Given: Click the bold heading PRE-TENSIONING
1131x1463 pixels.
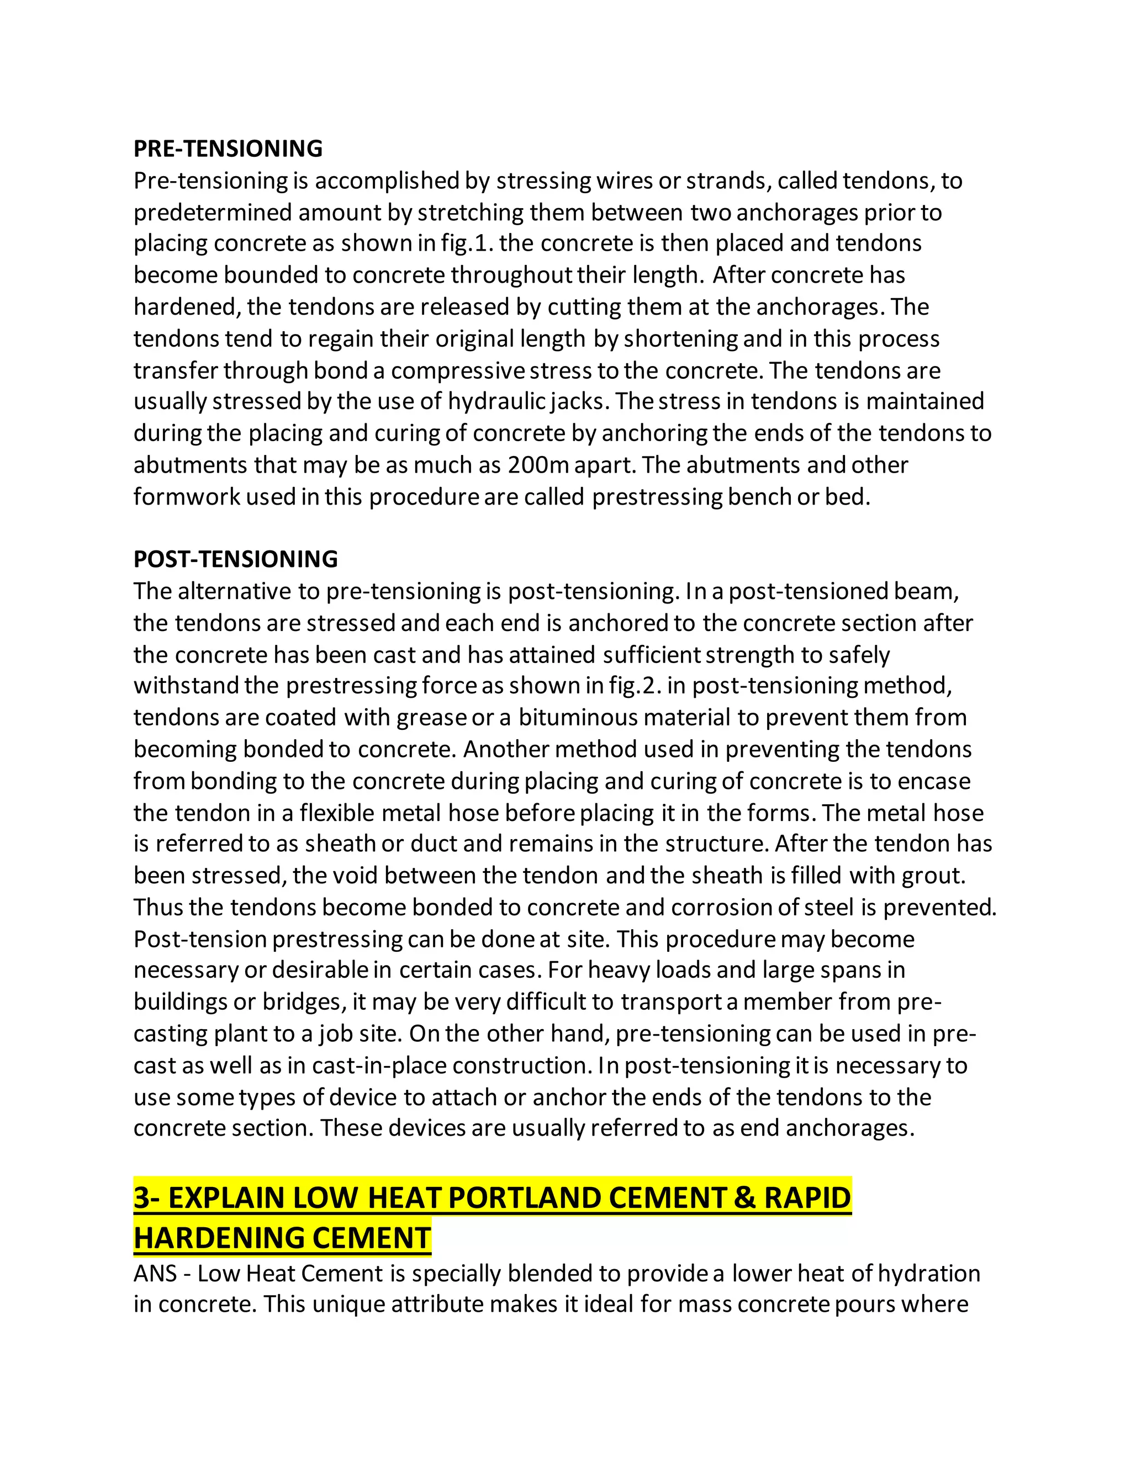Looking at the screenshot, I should (228, 149).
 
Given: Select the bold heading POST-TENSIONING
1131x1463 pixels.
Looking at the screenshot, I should (235, 559).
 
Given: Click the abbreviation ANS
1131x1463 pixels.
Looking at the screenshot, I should (155, 1274).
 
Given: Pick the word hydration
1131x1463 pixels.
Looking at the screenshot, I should (929, 1274).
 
